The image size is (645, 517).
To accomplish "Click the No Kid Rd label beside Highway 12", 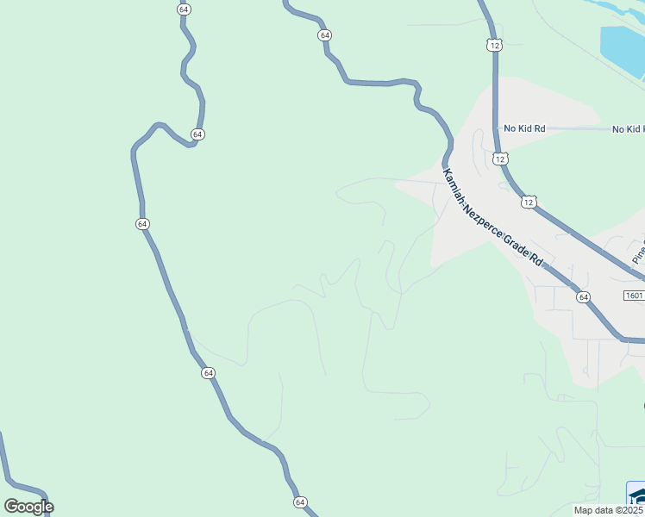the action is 525,128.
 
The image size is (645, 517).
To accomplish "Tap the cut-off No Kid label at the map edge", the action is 629,129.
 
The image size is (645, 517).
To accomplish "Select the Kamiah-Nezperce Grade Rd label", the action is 494,216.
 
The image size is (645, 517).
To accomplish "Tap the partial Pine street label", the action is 639,251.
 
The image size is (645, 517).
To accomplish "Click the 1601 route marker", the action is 633,295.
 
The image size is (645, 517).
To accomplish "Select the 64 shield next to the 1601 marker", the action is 584,296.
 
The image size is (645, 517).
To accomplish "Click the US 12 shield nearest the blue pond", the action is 493,45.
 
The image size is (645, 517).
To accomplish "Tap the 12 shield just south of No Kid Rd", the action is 501,159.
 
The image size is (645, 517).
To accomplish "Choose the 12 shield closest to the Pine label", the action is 528,202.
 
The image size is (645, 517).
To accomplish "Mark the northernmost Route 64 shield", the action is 184,9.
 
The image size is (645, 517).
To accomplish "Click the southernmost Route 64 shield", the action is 300,501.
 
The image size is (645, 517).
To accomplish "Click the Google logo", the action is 28,507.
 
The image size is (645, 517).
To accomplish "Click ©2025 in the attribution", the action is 629,510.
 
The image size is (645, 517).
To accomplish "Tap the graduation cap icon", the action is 637,497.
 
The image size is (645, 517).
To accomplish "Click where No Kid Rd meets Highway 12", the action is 498,128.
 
